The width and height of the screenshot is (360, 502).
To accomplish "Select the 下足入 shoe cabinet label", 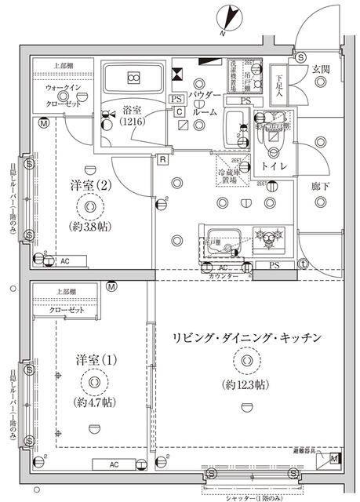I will [x=279, y=85].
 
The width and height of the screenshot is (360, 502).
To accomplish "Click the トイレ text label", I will [x=273, y=167].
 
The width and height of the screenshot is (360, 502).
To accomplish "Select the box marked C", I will [x=180, y=113].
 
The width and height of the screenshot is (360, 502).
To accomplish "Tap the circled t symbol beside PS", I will [x=303, y=264].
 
